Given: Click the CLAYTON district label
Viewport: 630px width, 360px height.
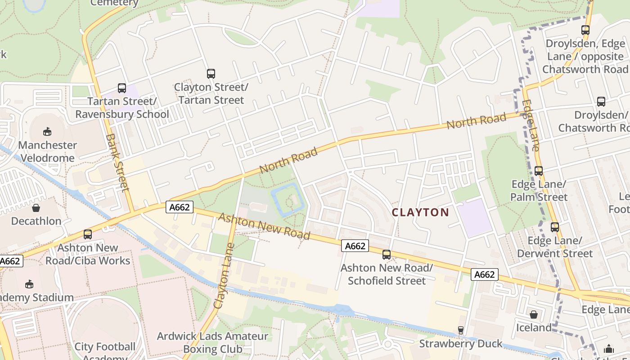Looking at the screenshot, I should click(x=420, y=212).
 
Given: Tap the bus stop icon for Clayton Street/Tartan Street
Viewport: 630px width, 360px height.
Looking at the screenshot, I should click(x=211, y=74).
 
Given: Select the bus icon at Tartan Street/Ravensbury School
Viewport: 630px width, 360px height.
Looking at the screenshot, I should click(x=122, y=88).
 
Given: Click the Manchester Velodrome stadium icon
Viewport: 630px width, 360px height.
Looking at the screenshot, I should click(x=47, y=132).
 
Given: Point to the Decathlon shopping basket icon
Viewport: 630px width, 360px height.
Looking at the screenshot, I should click(x=36, y=208).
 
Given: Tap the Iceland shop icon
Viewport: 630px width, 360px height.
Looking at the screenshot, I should click(x=533, y=314).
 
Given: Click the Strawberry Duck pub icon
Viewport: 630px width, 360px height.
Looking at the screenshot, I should click(x=460, y=330).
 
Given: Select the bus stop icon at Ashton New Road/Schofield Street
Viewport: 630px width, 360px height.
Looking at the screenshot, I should click(x=386, y=255).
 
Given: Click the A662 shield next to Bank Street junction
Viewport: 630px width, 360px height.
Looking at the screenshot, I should click(x=180, y=207).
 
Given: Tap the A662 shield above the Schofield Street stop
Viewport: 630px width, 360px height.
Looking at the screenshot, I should click(x=355, y=246).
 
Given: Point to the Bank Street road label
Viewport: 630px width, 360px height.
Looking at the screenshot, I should click(x=118, y=162).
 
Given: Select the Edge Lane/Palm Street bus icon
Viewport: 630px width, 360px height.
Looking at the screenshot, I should click(x=539, y=171).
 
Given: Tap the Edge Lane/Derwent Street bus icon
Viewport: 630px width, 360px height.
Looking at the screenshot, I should click(x=554, y=227).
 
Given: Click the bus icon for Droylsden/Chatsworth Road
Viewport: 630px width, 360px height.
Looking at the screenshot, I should click(x=601, y=102).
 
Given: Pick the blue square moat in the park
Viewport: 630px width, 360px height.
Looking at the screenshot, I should click(x=288, y=199).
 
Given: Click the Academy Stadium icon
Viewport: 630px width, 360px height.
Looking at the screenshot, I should click(x=29, y=284).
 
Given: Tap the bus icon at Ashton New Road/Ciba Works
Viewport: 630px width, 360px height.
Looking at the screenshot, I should click(x=88, y=234).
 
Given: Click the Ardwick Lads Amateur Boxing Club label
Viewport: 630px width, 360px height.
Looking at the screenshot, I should click(x=212, y=342).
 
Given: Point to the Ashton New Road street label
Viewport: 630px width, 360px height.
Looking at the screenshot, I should click(x=264, y=226).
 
